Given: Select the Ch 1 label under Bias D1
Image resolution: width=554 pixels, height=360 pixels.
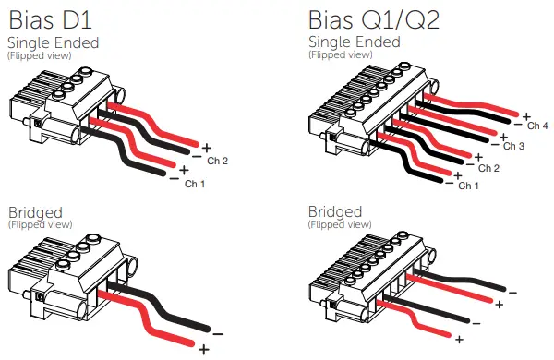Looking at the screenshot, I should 196,184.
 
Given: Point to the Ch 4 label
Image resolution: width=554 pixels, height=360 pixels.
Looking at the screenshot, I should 538,126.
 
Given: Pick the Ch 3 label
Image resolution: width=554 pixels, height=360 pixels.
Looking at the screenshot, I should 513,147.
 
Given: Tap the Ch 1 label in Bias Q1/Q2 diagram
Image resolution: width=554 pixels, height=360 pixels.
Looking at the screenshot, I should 468,186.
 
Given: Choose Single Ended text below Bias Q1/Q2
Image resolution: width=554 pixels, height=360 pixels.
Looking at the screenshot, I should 354,42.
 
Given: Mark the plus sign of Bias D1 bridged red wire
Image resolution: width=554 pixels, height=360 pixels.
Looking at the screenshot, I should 203,349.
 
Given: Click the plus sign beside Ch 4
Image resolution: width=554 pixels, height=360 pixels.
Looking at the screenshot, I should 525,116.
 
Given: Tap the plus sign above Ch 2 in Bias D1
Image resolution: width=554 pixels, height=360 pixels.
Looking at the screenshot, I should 206,148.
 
